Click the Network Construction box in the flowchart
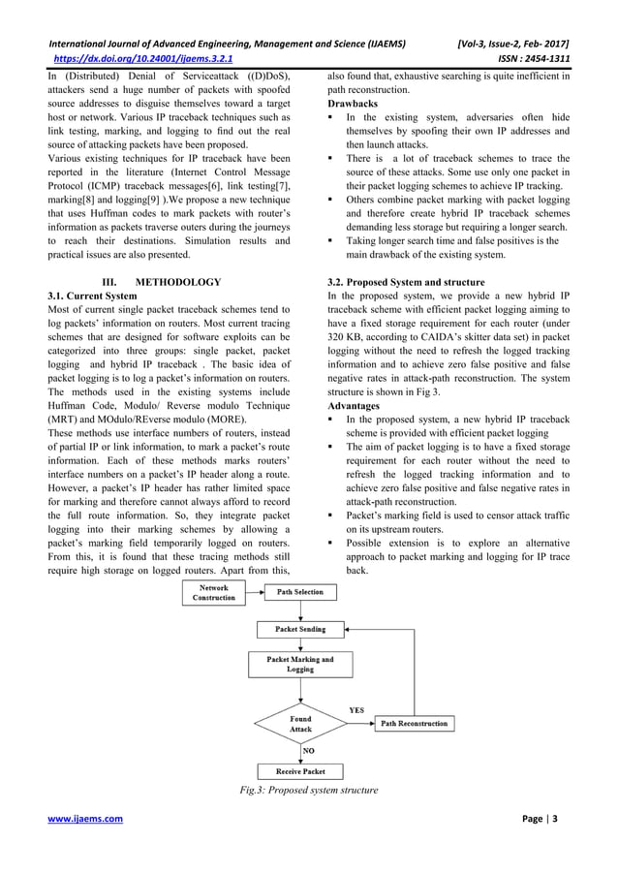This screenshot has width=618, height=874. (x=213, y=593)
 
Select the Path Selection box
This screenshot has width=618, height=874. (x=300, y=592)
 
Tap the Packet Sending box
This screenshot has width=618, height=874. (x=300, y=629)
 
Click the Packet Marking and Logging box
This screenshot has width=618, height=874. (x=300, y=664)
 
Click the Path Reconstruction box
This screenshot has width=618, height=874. (x=414, y=724)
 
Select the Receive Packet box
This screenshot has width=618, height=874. (x=300, y=772)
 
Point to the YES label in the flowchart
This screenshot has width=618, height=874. (x=356, y=709)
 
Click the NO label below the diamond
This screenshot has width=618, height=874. (x=309, y=750)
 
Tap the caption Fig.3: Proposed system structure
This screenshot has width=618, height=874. (x=308, y=791)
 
